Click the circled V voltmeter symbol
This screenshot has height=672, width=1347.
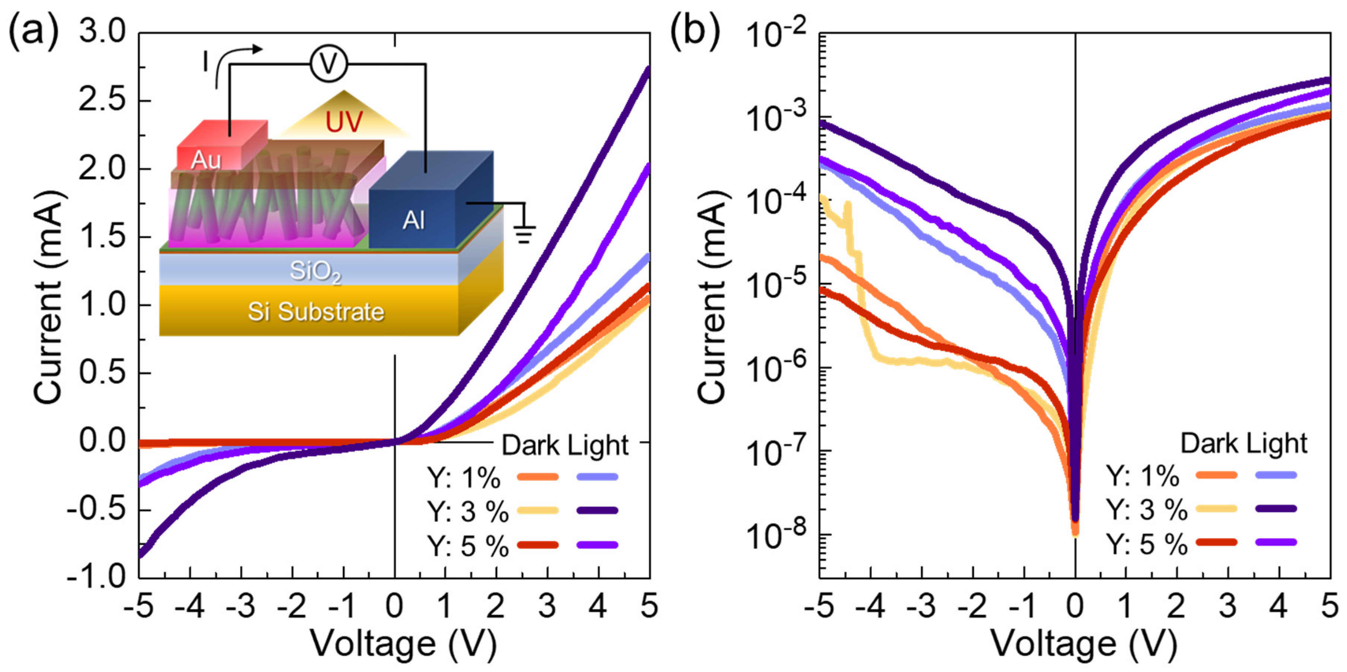329,64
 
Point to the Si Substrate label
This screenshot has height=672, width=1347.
316,312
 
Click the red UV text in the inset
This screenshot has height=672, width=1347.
344,122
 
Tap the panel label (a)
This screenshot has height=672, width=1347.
32,31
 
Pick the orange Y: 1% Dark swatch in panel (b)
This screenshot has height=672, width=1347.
1216,475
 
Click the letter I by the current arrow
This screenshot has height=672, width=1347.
206,63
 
